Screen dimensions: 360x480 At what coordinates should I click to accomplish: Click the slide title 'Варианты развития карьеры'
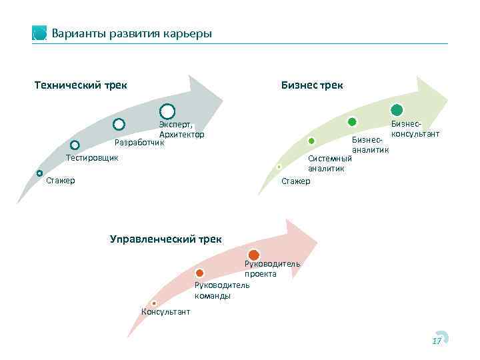[131, 33]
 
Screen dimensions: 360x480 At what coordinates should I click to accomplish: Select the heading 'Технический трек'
[81, 85]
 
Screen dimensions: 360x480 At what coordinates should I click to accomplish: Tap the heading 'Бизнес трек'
[312, 85]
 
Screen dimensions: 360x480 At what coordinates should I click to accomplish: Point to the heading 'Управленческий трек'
[166, 238]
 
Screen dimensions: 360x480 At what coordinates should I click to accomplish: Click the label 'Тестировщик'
[92, 158]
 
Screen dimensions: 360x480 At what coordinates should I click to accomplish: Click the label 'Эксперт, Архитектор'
[181, 129]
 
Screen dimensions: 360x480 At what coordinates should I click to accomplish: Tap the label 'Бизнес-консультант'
[415, 129]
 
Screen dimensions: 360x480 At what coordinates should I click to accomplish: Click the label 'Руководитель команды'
[221, 290]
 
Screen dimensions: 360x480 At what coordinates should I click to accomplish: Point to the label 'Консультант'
[165, 311]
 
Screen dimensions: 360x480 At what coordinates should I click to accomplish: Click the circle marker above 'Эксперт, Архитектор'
[167, 111]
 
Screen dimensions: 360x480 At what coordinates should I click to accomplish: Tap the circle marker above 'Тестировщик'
[75, 145]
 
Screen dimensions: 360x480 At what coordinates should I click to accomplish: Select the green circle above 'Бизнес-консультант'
[397, 111]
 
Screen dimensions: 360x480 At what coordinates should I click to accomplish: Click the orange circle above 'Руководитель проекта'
[254, 255]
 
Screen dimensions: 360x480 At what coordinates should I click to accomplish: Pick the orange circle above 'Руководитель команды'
[200, 273]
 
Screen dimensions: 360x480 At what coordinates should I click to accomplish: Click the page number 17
[437, 341]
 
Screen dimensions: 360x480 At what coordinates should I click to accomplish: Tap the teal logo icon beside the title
[40, 33]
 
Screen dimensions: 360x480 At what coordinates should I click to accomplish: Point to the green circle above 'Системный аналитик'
[311, 141]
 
